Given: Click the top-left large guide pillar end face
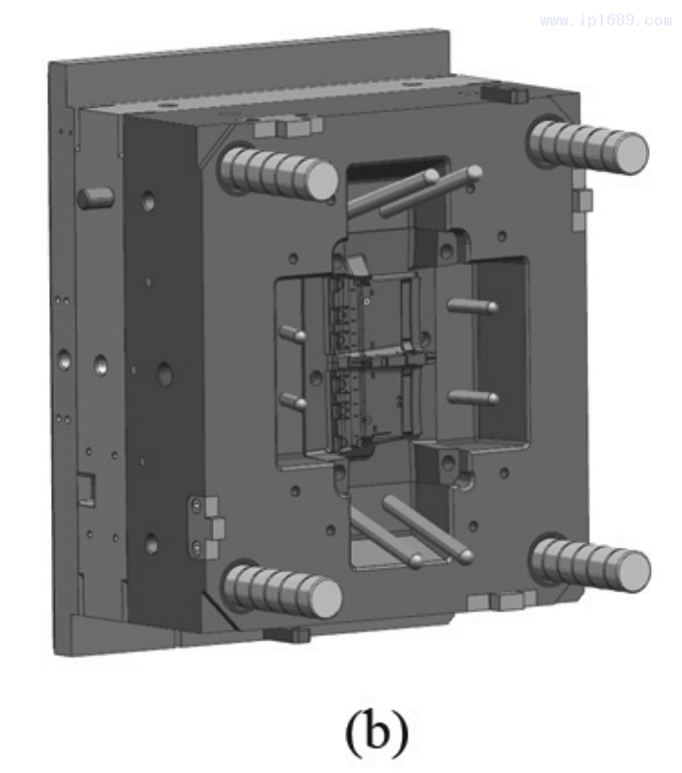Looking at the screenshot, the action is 322,181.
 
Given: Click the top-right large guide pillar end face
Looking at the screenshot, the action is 631,152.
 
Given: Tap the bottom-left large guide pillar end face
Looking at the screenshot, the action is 325,599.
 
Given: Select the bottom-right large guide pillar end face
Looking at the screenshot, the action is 634,571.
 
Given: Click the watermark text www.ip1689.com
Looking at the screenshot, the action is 605,21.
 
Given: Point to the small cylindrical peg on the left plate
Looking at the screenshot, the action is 96,198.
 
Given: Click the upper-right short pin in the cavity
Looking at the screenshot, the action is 473,307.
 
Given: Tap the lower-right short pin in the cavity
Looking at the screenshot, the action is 473,396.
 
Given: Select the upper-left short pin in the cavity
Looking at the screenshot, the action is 292,334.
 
